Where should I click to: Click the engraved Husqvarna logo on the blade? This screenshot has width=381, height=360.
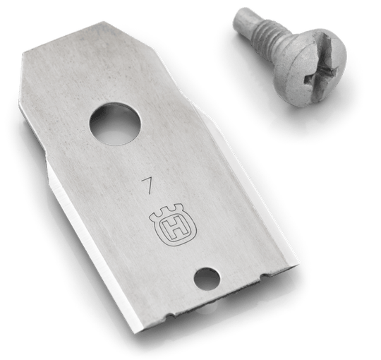point(172,224)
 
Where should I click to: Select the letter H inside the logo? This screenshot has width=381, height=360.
point(174,229)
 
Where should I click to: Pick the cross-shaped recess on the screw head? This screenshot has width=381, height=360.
point(321,73)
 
